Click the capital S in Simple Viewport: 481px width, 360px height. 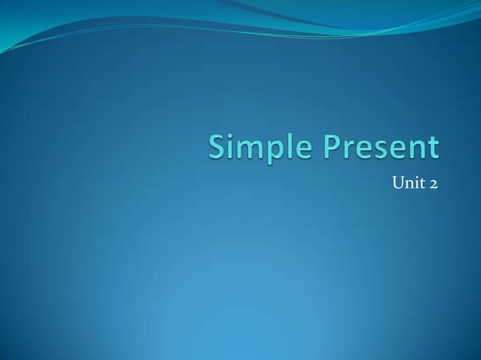point(218,148)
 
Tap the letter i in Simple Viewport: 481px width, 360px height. point(231,148)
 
